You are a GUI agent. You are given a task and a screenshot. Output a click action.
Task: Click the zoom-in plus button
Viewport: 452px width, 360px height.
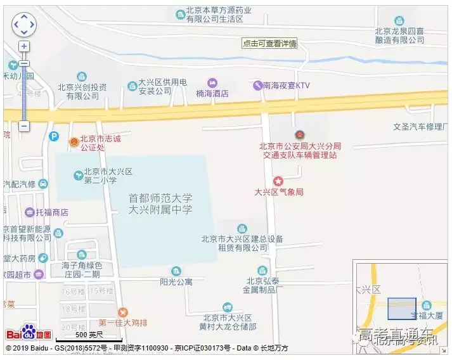[x=24, y=46]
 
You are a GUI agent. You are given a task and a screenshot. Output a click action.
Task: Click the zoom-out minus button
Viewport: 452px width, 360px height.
[x=24, y=126]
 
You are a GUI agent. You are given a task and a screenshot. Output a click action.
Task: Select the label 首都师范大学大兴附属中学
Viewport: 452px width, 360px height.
[x=160, y=203]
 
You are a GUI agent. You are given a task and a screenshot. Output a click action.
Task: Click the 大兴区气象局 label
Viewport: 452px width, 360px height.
[x=279, y=192]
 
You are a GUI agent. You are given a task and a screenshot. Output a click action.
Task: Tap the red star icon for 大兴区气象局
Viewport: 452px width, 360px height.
[x=278, y=181]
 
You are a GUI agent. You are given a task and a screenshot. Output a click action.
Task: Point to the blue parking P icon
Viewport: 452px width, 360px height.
[x=55, y=136]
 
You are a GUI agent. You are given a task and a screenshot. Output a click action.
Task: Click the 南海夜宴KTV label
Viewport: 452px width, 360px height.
[x=287, y=85]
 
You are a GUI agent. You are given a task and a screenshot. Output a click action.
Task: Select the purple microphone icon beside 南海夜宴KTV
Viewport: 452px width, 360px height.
[x=257, y=85]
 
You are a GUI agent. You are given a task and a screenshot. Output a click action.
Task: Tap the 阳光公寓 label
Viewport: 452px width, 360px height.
[x=176, y=281]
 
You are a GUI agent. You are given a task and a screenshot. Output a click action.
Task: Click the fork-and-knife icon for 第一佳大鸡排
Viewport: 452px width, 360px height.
[x=123, y=312]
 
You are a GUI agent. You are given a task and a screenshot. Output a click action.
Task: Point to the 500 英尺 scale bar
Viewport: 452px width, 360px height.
[x=80, y=335]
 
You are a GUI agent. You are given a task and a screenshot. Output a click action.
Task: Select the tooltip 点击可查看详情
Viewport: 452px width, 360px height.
[x=269, y=44]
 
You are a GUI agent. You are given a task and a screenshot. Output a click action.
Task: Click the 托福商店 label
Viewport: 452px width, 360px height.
[x=51, y=212]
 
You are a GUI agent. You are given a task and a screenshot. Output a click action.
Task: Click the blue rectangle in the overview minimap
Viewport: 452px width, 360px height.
[x=401, y=309]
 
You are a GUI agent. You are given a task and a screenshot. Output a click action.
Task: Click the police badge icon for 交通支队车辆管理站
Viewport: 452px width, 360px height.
[x=300, y=135]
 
